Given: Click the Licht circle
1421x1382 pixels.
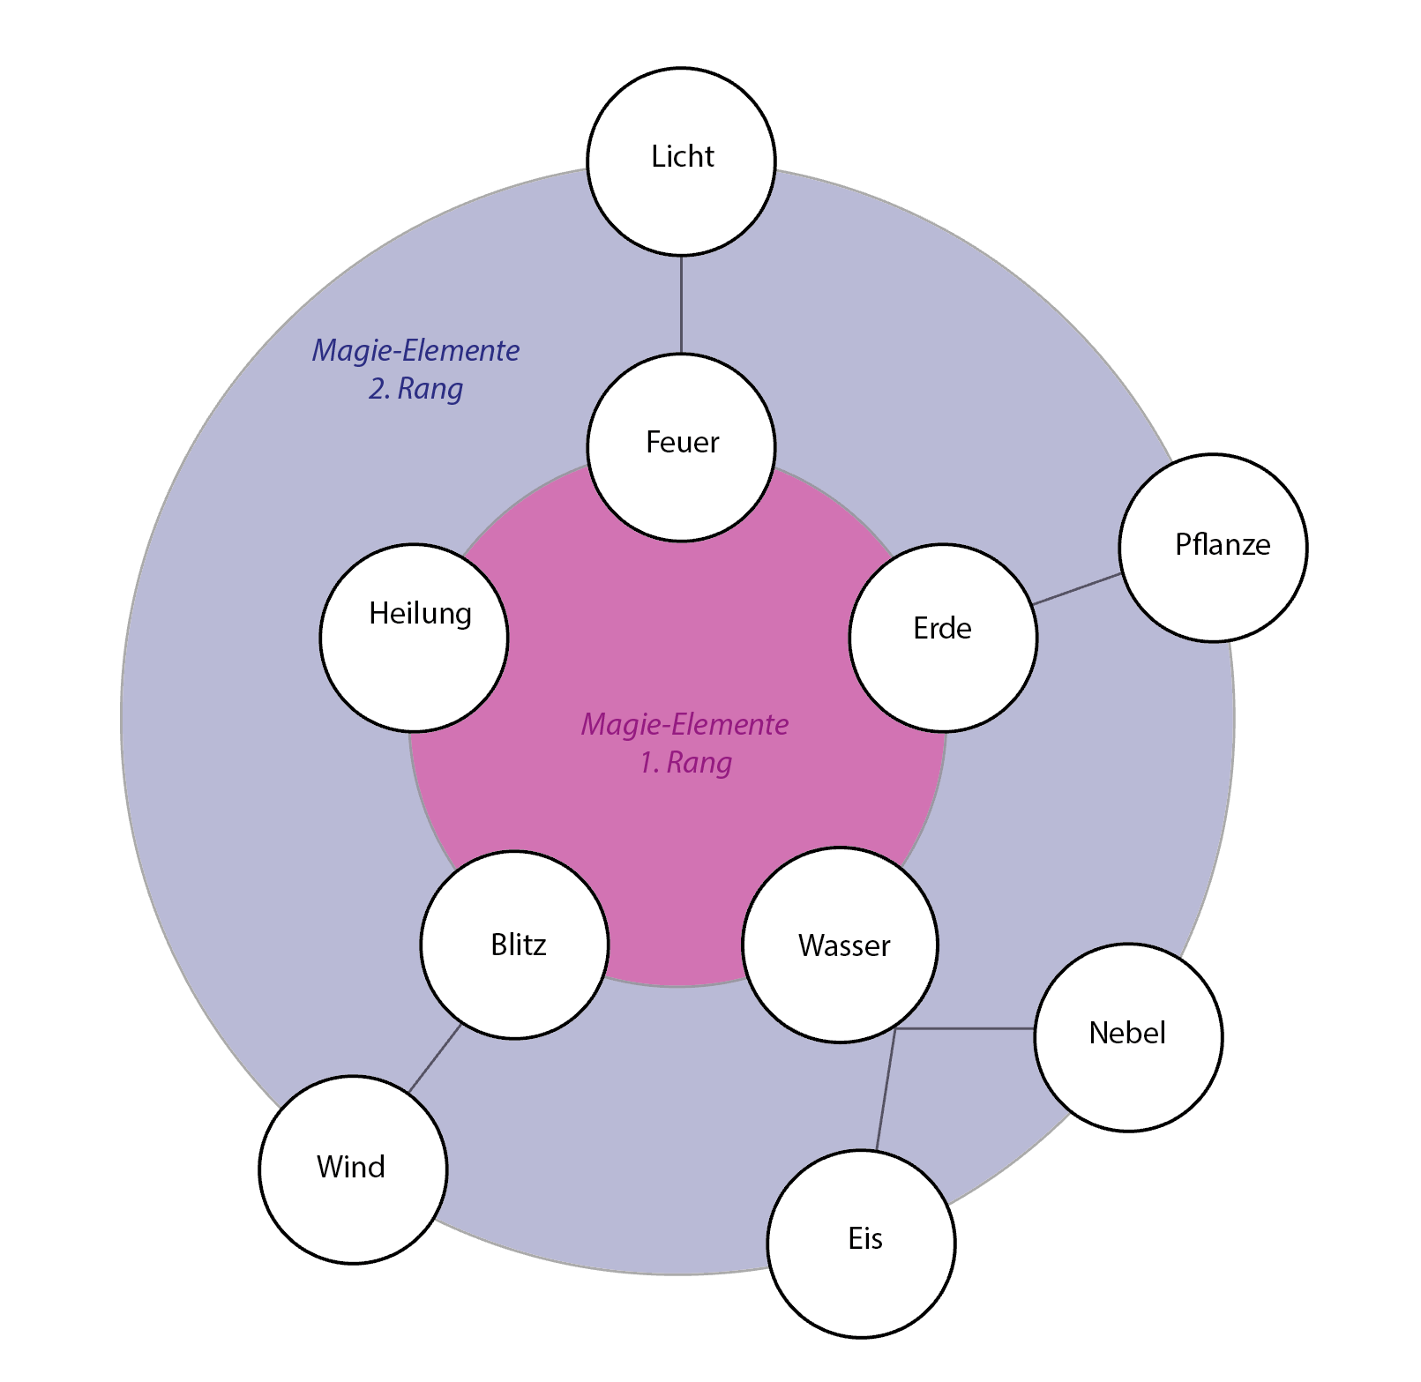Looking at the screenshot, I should coord(681,161).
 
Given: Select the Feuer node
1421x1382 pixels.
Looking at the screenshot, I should coord(681,447).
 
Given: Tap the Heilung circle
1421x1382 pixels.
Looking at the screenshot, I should coord(414,638).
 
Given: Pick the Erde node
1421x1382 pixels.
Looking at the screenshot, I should coord(943,638).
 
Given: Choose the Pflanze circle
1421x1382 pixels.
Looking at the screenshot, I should coord(1213,548).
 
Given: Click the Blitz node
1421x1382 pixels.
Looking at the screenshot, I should coord(514,945).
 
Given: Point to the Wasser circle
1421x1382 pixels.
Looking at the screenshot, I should coord(840,945).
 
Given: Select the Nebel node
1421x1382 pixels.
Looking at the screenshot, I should coord(1128,1037).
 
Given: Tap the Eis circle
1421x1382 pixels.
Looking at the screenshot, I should coord(861,1244).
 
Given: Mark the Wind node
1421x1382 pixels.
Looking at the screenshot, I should coord(353,1169).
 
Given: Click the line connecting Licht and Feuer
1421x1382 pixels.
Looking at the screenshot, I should coord(681,304).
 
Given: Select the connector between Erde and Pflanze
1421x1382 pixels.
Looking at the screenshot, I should coord(1077,589).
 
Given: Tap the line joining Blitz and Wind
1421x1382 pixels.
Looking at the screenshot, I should coord(435,1058).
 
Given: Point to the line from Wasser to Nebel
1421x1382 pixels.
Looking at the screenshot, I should coord(966,1028).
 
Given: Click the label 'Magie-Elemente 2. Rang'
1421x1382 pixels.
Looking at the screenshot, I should coord(415,369).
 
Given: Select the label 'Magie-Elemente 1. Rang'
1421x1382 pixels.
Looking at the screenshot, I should coord(684,743).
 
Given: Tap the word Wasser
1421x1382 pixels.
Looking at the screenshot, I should coord(844,945).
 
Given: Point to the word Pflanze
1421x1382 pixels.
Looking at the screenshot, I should coord(1223,545).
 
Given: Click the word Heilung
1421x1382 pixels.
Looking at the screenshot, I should coord(420,613).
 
